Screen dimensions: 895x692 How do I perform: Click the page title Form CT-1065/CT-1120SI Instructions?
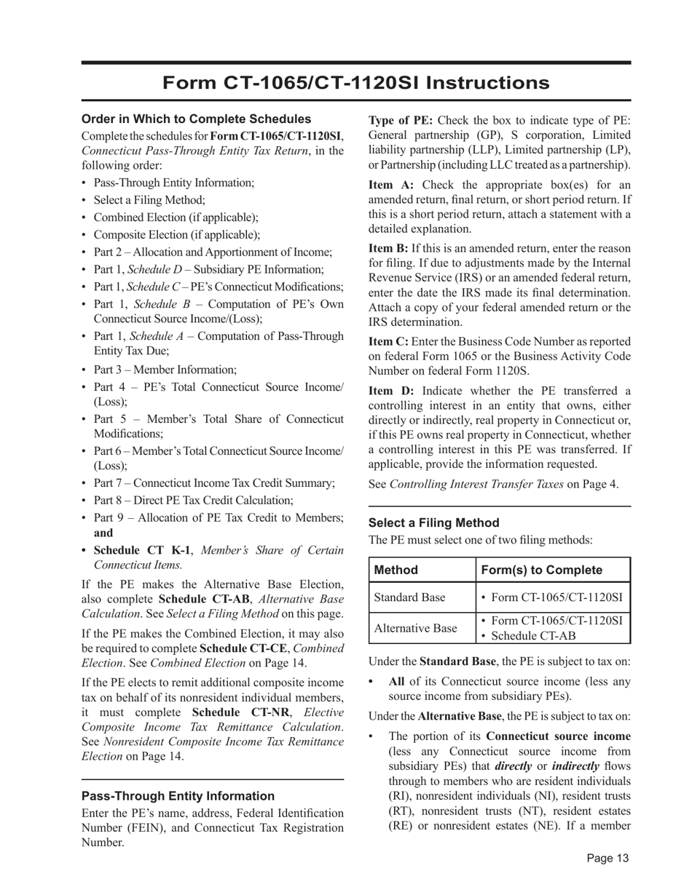pos(355,82)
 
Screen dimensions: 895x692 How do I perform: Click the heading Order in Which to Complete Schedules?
pos(196,119)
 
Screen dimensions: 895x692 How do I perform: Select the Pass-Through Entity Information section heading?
pos(178,795)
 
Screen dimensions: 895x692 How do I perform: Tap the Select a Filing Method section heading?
pos(433,522)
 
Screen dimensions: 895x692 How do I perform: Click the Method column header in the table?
pos(396,570)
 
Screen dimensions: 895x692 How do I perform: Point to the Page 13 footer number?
pos(608,858)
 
